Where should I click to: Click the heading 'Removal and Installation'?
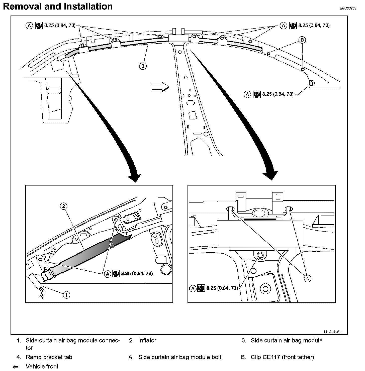tap(58, 7)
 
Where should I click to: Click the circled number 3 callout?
tap(143, 66)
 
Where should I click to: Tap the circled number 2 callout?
tap(64, 206)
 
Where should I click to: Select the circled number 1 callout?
tap(66, 295)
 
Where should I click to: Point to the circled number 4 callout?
tap(307, 278)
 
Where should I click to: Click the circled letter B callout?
tap(302, 40)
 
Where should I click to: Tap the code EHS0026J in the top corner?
tap(348, 8)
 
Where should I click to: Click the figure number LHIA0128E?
tap(332, 332)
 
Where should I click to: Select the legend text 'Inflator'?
tap(147, 340)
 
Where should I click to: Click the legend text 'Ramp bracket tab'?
tap(49, 357)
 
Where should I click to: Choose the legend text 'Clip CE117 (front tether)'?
tap(282, 357)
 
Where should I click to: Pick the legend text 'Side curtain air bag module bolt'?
tap(180, 357)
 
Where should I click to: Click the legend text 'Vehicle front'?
tap(42, 366)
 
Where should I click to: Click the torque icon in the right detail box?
tap(201, 288)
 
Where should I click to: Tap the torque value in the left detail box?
tap(137, 274)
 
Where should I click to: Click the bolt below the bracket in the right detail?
tap(260, 255)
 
